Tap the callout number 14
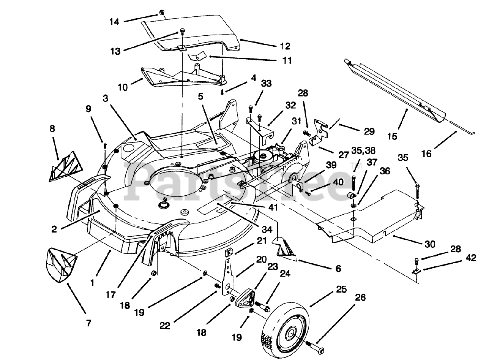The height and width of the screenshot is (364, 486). coord(114,22)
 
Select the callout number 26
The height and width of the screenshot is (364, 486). coord(360,298)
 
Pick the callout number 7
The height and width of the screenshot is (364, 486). coord(88,323)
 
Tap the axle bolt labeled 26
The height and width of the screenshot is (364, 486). coord(315,350)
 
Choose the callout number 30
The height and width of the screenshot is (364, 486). coord(430,244)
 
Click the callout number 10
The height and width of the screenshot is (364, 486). coord(122,87)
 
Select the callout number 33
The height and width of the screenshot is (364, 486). coord(266,84)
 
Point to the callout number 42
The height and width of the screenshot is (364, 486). coord(471,258)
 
